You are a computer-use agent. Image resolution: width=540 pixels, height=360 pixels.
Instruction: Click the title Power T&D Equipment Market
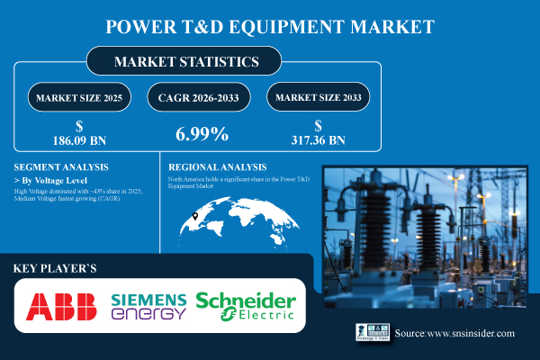(x=270, y=25)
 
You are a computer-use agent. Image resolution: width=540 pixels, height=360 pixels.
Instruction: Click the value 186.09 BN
(x=82, y=141)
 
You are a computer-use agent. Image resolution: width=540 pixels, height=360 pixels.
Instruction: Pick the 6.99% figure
(x=200, y=134)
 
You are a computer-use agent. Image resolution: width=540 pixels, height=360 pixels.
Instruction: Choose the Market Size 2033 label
(x=320, y=95)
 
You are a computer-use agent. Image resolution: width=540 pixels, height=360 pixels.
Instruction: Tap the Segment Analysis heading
(x=60, y=167)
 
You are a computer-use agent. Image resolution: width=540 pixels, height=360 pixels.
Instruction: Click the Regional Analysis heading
(x=218, y=167)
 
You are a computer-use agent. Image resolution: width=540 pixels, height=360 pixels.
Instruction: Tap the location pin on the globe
(x=195, y=216)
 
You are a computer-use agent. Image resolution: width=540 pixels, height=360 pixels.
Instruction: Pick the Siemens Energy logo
(x=148, y=307)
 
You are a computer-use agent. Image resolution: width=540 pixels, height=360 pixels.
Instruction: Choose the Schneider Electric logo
(x=246, y=307)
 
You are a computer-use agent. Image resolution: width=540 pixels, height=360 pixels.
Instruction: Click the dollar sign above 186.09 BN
(x=82, y=127)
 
